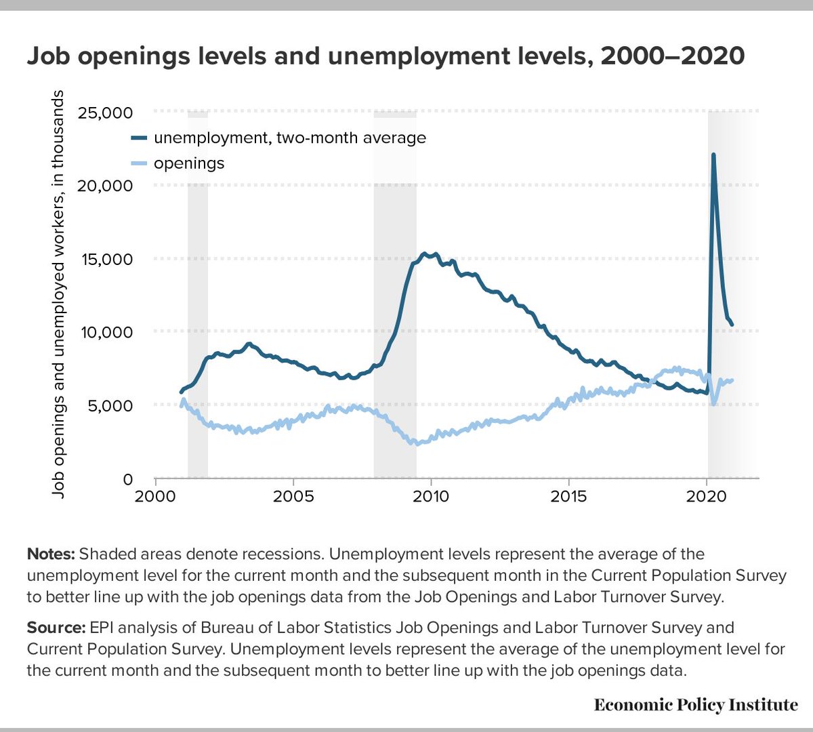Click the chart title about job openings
pos(385,56)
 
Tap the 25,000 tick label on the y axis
pos(105,113)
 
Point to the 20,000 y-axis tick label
pos(105,186)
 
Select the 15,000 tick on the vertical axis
pos(106,259)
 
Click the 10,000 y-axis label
pos(106,332)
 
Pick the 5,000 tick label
pos(110,405)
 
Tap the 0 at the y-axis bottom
pos(127,479)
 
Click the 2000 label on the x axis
pos(155,496)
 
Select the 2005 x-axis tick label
pos(293,496)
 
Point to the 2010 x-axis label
pos(431,496)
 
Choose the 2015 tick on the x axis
pos(568,496)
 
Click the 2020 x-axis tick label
pos(707,496)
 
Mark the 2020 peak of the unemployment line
pos(713,155)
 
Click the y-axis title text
pos(60,294)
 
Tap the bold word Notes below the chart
pos(51,554)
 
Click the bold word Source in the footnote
pos(56,628)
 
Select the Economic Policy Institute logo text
pos(696,705)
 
